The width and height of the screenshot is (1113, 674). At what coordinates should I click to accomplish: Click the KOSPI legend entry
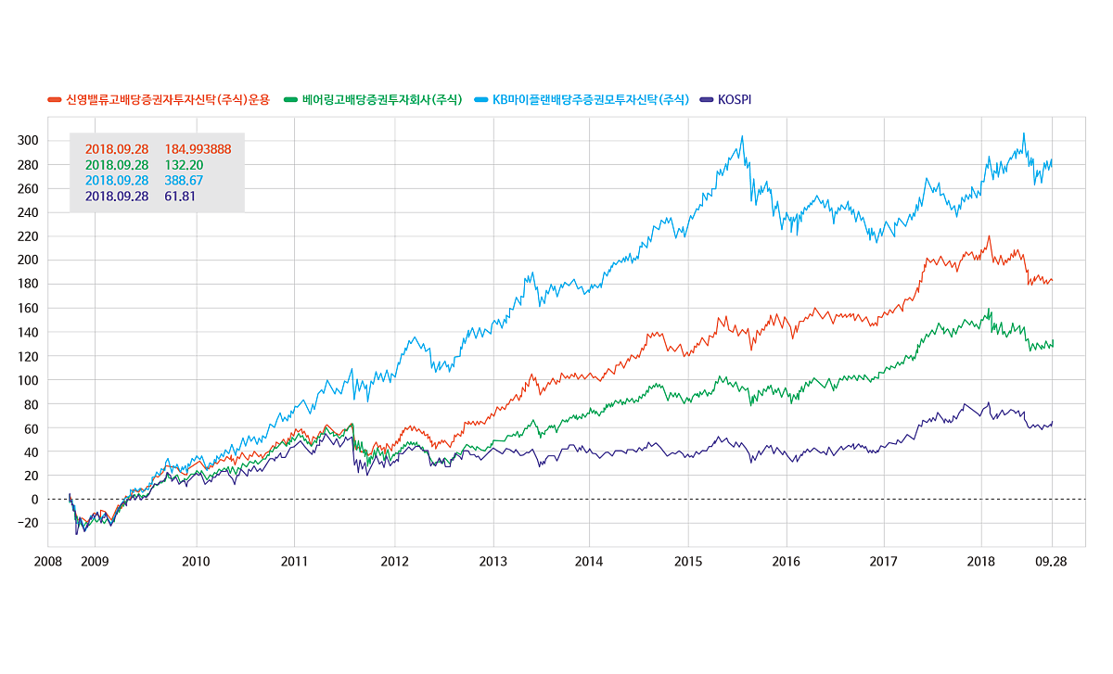point(732,99)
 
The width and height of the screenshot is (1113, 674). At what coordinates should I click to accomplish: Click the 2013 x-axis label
point(493,562)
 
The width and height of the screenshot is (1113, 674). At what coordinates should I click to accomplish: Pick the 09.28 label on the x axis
point(1051,562)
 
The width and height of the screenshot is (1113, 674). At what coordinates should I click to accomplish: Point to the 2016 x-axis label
point(787,562)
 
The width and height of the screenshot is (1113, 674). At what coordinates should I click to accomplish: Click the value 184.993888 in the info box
point(198,148)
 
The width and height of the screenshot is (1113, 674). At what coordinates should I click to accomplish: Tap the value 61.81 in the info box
point(180,196)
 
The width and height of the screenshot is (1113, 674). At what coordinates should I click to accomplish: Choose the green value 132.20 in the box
point(183,164)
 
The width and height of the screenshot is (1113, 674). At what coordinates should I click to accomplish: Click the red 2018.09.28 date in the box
point(117,148)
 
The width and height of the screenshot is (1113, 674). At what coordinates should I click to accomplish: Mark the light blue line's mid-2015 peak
point(742,136)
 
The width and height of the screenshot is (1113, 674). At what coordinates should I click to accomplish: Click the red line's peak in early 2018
point(989,236)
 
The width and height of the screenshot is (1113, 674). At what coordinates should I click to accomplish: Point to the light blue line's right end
point(1052,159)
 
